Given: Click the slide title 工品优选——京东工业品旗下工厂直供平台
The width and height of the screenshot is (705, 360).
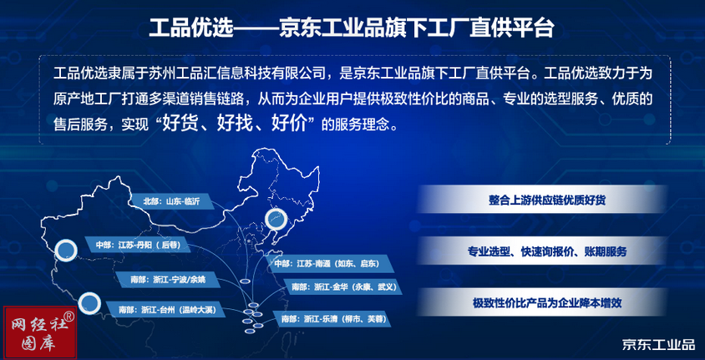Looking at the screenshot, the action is coord(352,28).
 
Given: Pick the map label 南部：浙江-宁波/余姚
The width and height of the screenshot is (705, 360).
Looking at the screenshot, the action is coord(168,280).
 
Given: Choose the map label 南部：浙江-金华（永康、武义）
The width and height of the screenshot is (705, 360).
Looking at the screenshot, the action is coord(342,286).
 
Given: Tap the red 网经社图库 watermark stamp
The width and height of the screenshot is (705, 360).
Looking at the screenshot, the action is coord(40,333).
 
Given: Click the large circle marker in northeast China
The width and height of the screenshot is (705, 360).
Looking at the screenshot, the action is coord(276,220).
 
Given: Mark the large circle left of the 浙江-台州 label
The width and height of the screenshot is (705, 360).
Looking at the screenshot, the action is coord(89,303).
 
